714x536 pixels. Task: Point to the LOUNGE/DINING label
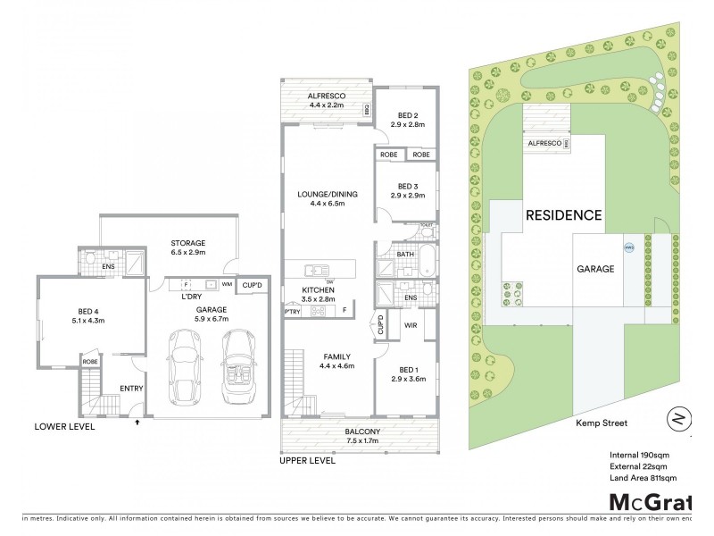click(327, 194)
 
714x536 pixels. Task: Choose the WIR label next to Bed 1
click(412, 326)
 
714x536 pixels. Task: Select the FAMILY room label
click(327, 356)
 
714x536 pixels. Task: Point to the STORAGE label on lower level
click(188, 243)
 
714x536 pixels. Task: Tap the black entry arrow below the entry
click(137, 423)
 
